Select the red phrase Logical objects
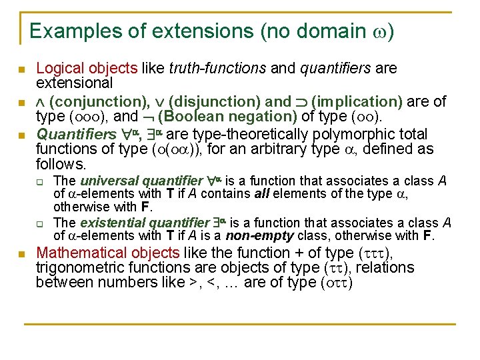[x=87, y=68]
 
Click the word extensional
[x=74, y=83]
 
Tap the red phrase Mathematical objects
[x=107, y=253]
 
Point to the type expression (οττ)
[x=336, y=283]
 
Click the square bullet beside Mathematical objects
[x=21, y=254]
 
